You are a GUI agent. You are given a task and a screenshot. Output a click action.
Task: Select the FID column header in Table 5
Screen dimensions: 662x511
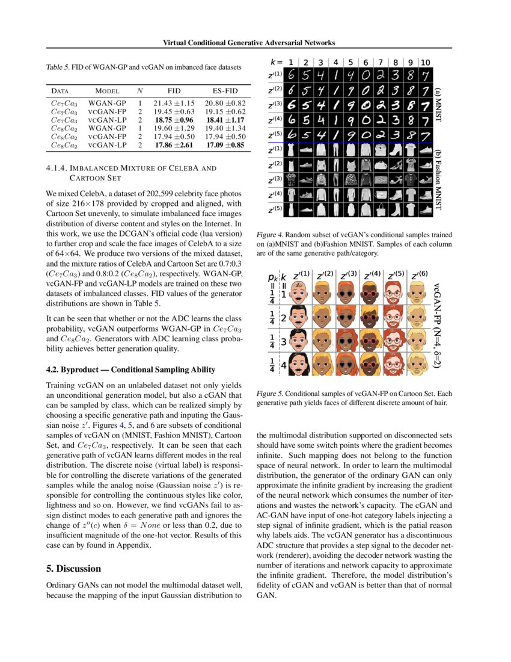click(174, 91)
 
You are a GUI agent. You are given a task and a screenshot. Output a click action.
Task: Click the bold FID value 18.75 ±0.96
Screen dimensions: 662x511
click(174, 120)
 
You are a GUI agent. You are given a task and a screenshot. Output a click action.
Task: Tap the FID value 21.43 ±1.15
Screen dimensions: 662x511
click(174, 103)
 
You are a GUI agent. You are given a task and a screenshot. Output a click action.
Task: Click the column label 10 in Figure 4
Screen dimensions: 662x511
click(425, 63)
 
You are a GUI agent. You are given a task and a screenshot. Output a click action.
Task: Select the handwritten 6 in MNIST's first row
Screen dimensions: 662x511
click(291, 76)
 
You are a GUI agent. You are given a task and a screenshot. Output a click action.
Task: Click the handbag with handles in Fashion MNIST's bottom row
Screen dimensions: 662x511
click(381, 209)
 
